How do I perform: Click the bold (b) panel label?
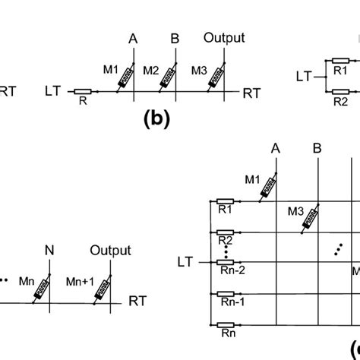coord(155,119)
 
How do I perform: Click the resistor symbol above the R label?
coord(83,91)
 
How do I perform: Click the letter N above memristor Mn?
coord(49,250)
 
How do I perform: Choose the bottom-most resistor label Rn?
coord(225,333)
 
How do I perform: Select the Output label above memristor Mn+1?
coord(110,250)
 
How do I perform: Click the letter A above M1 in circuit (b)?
coord(134,37)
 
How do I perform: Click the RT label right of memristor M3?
coord(251,93)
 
